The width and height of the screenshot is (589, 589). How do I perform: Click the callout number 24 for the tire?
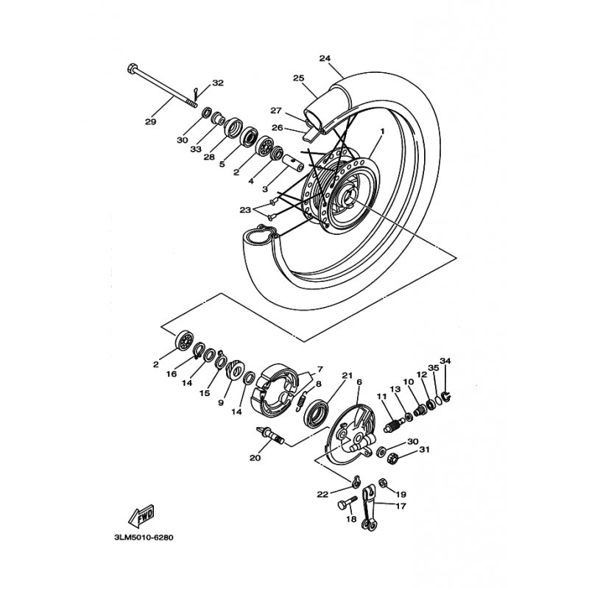coord(325,58)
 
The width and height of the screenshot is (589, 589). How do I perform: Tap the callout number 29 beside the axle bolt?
coord(150,121)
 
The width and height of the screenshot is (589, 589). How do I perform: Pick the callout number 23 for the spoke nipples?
coord(244,210)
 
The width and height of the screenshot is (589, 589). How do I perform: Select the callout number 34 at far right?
coord(445,361)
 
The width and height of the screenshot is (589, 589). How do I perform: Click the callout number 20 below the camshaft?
coord(255,458)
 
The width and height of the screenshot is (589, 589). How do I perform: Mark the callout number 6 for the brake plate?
coord(359,382)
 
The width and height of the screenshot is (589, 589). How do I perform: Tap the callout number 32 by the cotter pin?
coord(217,82)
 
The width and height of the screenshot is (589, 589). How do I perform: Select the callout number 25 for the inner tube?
coord(298,78)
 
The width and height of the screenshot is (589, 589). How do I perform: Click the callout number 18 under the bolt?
coord(351,519)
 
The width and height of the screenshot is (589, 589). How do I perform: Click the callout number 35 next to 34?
coord(434,367)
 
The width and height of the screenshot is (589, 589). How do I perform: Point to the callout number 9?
coord(220,402)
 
